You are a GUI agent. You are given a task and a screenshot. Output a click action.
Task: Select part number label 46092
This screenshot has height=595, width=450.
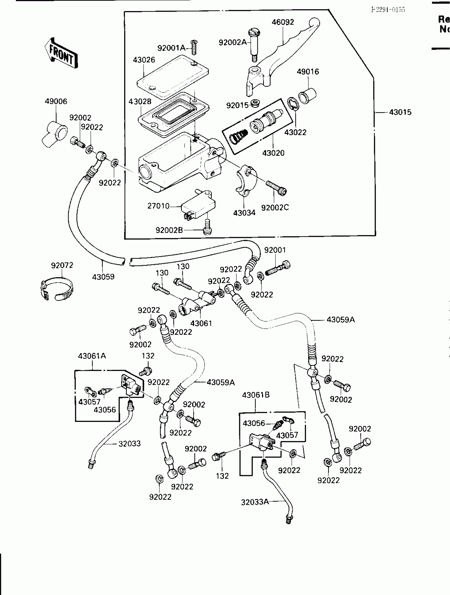tap(282, 22)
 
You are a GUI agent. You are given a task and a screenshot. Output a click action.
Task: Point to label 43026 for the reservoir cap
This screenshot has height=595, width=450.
tap(144, 60)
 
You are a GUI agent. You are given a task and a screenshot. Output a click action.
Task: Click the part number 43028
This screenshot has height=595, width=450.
tap(140, 102)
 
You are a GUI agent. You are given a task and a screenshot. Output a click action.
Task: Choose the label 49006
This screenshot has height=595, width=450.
tap(56, 102)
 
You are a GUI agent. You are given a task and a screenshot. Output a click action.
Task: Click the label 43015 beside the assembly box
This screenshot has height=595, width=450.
tap(400, 112)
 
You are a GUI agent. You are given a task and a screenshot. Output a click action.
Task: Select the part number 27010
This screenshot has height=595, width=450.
tap(158, 206)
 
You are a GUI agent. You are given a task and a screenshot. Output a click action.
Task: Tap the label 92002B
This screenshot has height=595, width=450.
tap(169, 230)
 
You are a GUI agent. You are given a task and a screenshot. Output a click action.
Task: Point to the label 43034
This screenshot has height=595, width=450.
tap(244, 213)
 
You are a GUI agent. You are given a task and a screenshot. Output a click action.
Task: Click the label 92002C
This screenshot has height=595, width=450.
tap(275, 207)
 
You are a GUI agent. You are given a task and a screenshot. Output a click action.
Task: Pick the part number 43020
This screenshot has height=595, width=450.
tap(273, 153)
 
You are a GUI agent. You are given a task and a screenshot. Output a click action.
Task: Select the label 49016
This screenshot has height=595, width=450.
tap(308, 72)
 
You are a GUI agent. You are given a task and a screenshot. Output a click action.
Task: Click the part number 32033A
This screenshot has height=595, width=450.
tap(255, 502)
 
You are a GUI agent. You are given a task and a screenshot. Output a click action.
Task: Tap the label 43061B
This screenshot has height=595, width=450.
tap(255, 395)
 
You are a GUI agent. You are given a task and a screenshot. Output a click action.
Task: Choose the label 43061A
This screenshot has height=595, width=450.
tap(92, 356)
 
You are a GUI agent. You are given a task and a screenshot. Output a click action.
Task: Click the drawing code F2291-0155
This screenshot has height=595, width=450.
tap(388, 10)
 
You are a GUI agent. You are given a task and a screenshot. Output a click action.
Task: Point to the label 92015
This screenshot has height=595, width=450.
tap(237, 105)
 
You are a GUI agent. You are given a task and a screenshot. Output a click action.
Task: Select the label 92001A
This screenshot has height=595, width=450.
tap(171, 48)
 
